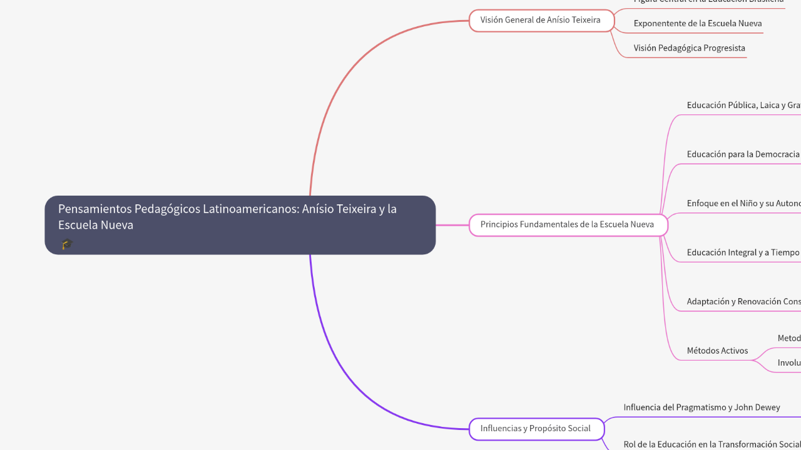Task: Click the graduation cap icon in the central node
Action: click(67, 244)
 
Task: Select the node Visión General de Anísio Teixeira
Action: click(541, 20)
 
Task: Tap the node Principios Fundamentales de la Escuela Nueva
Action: click(568, 224)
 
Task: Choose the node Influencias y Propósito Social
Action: click(536, 429)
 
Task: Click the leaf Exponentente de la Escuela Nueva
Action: click(697, 24)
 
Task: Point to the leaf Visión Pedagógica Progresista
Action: click(689, 48)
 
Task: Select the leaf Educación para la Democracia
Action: click(743, 154)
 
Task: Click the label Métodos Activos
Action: click(717, 351)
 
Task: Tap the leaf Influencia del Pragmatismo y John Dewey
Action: click(702, 407)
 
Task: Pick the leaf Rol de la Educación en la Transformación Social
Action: click(712, 444)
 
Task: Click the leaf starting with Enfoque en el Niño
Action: click(743, 204)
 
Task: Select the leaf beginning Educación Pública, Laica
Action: click(743, 106)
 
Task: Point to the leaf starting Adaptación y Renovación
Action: click(743, 302)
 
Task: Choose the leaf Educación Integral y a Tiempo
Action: click(743, 252)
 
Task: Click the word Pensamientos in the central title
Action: click(94, 209)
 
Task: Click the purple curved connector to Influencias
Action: click(350, 375)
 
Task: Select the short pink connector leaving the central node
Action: click(452, 224)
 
